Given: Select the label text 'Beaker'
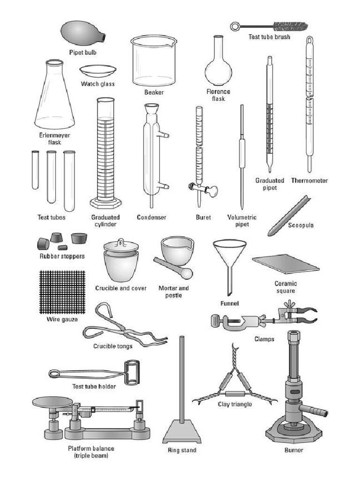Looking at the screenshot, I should click(x=154, y=92).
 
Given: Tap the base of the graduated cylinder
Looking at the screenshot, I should click(x=106, y=203).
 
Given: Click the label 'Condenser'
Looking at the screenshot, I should click(x=151, y=217).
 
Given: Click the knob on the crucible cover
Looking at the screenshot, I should click(x=121, y=242).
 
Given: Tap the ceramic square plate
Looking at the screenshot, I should click(x=285, y=264).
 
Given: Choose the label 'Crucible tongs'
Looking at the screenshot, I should click(x=112, y=346).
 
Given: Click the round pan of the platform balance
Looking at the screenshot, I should click(x=52, y=402).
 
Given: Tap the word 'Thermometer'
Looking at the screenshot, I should click(x=309, y=180).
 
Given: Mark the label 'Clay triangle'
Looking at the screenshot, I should click(x=234, y=404).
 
